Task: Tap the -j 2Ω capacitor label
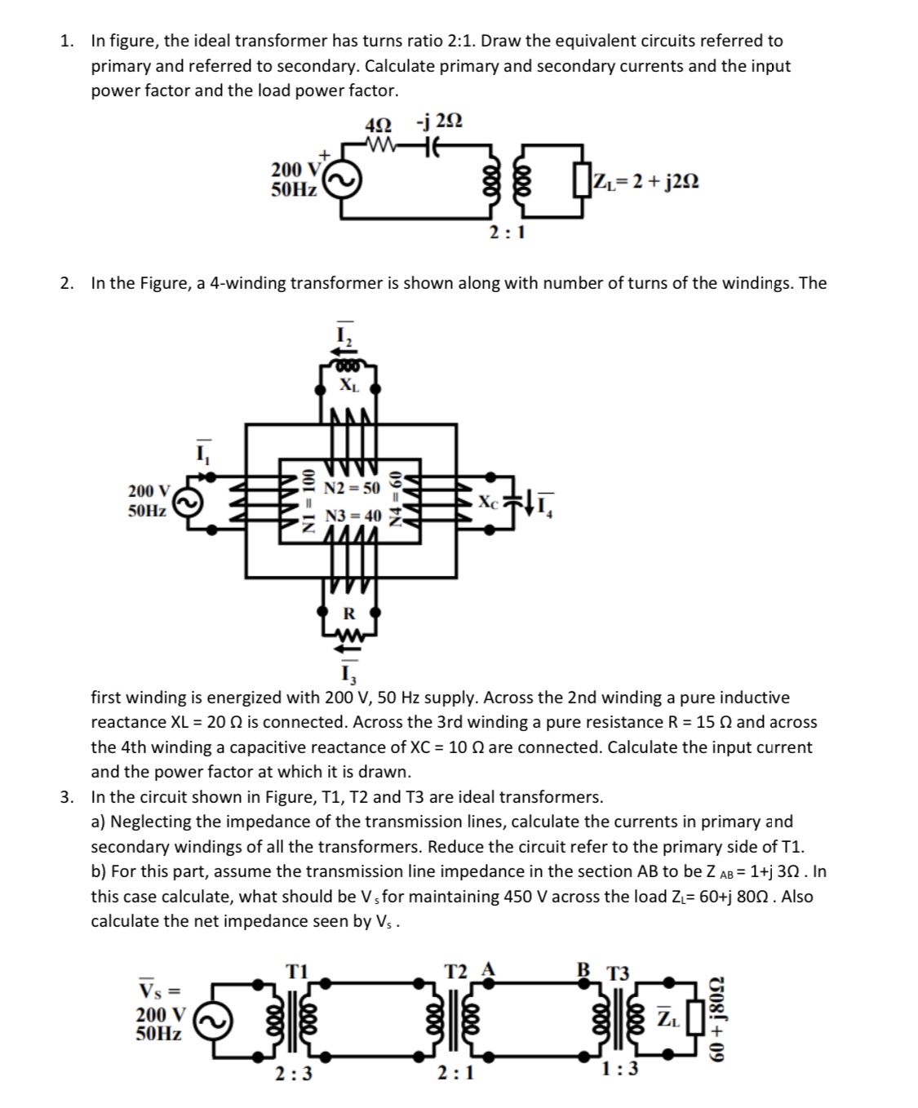[439, 122]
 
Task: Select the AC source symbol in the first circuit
[339, 184]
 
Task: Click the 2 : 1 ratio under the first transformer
[507, 233]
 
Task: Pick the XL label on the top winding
[348, 384]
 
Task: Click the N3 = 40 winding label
[353, 516]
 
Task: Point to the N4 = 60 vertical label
[397, 499]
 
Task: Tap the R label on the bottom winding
[348, 613]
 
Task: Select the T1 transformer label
[296, 971]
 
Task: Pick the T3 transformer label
[619, 973]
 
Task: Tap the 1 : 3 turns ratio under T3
[619, 1069]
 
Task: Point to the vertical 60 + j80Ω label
[719, 1021]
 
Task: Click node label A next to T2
[489, 968]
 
